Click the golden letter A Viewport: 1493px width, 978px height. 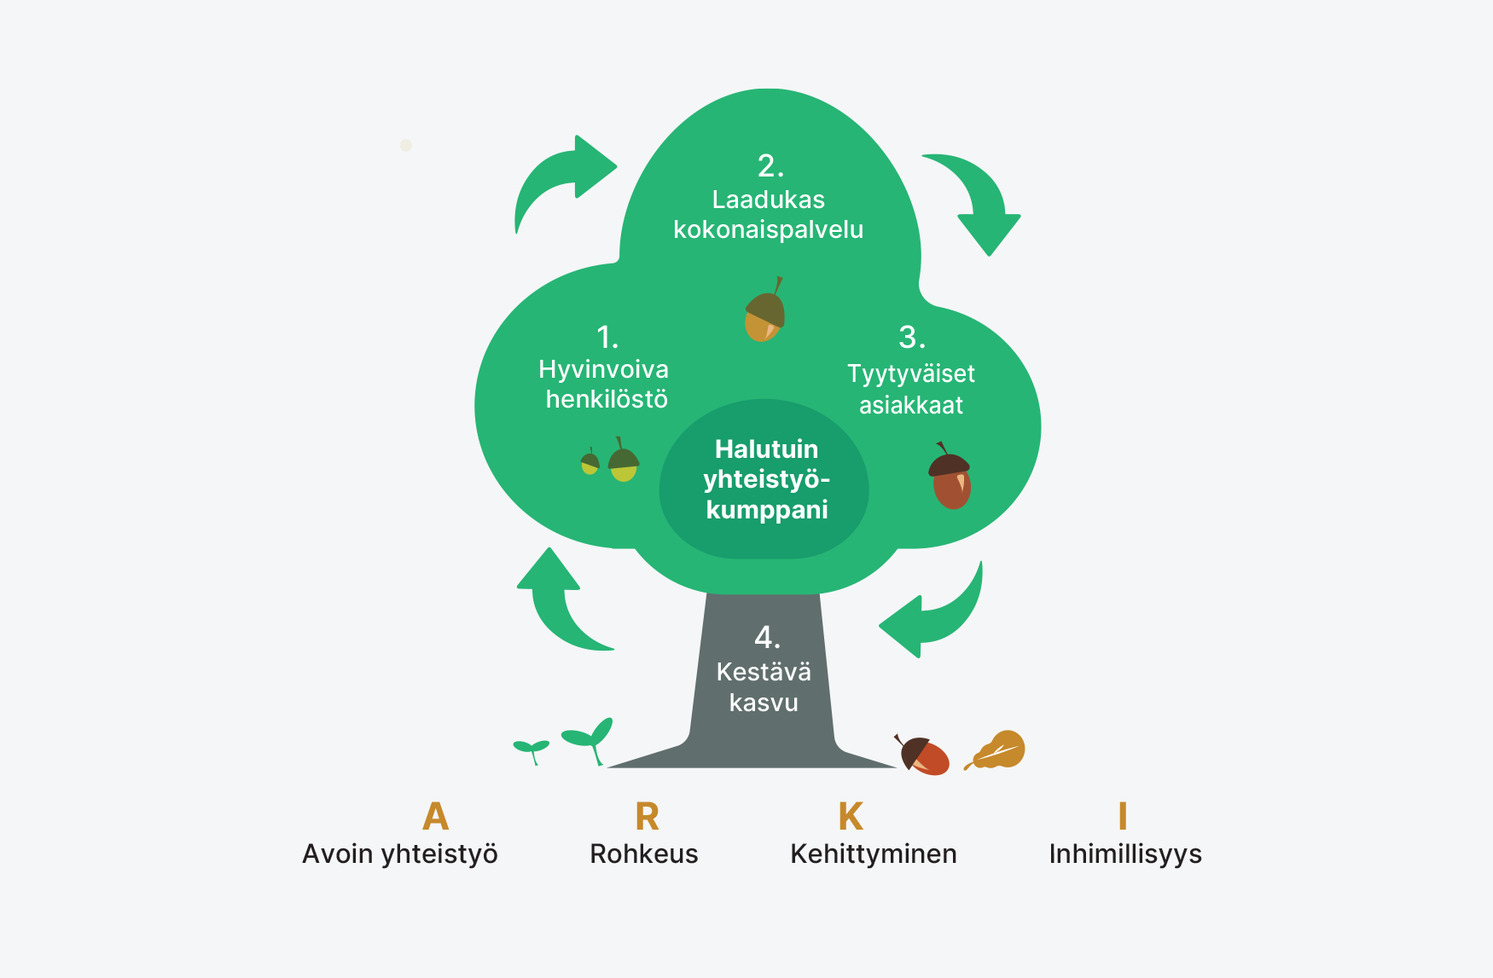(x=435, y=816)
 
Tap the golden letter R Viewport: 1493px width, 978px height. (x=647, y=817)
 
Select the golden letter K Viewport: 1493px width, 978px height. (x=851, y=817)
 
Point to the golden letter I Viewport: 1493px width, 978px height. (x=1123, y=817)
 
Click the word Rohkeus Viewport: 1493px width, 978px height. (x=644, y=854)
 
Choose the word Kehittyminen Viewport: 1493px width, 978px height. (x=874, y=854)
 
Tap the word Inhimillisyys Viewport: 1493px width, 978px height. (x=1125, y=854)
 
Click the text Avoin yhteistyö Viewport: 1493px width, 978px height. (x=400, y=854)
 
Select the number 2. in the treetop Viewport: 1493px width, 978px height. (x=770, y=165)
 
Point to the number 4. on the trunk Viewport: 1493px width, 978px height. (x=767, y=637)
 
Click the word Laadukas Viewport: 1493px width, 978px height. (x=769, y=200)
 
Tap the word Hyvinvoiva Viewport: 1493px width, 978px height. (x=604, y=369)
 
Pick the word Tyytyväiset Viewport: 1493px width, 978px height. (x=911, y=373)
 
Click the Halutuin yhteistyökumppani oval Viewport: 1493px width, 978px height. (x=765, y=479)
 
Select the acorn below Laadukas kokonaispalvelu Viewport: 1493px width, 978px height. (x=764, y=312)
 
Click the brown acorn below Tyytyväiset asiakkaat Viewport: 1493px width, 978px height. (x=950, y=477)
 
